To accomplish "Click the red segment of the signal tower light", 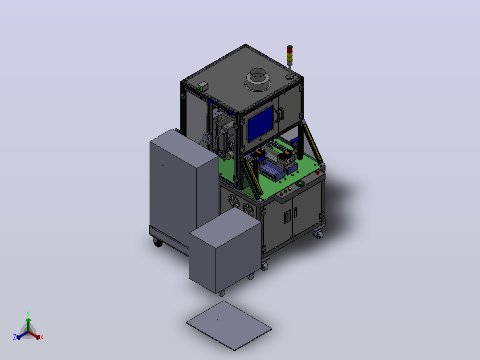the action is (289, 49).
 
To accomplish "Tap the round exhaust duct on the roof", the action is (258, 80).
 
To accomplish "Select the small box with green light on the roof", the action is (203, 87).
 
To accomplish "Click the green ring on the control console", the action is (300, 184).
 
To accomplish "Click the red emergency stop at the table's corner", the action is (317, 172).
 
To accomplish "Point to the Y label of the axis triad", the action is (28, 314).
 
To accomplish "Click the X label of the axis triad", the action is (42, 337).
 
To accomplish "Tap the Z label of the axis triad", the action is (15, 337).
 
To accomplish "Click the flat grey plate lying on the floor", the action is (229, 325).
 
